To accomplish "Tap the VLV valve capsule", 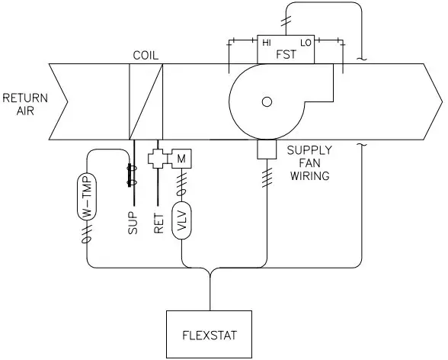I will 181,221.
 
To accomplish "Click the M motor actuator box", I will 181,159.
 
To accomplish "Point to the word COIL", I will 146,56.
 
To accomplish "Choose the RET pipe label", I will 159,222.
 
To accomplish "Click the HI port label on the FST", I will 267,43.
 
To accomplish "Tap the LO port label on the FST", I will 305,43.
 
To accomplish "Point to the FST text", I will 286,56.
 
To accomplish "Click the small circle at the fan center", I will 266,101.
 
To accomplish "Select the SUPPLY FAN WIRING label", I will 308,163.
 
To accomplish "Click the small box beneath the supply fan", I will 266,149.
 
